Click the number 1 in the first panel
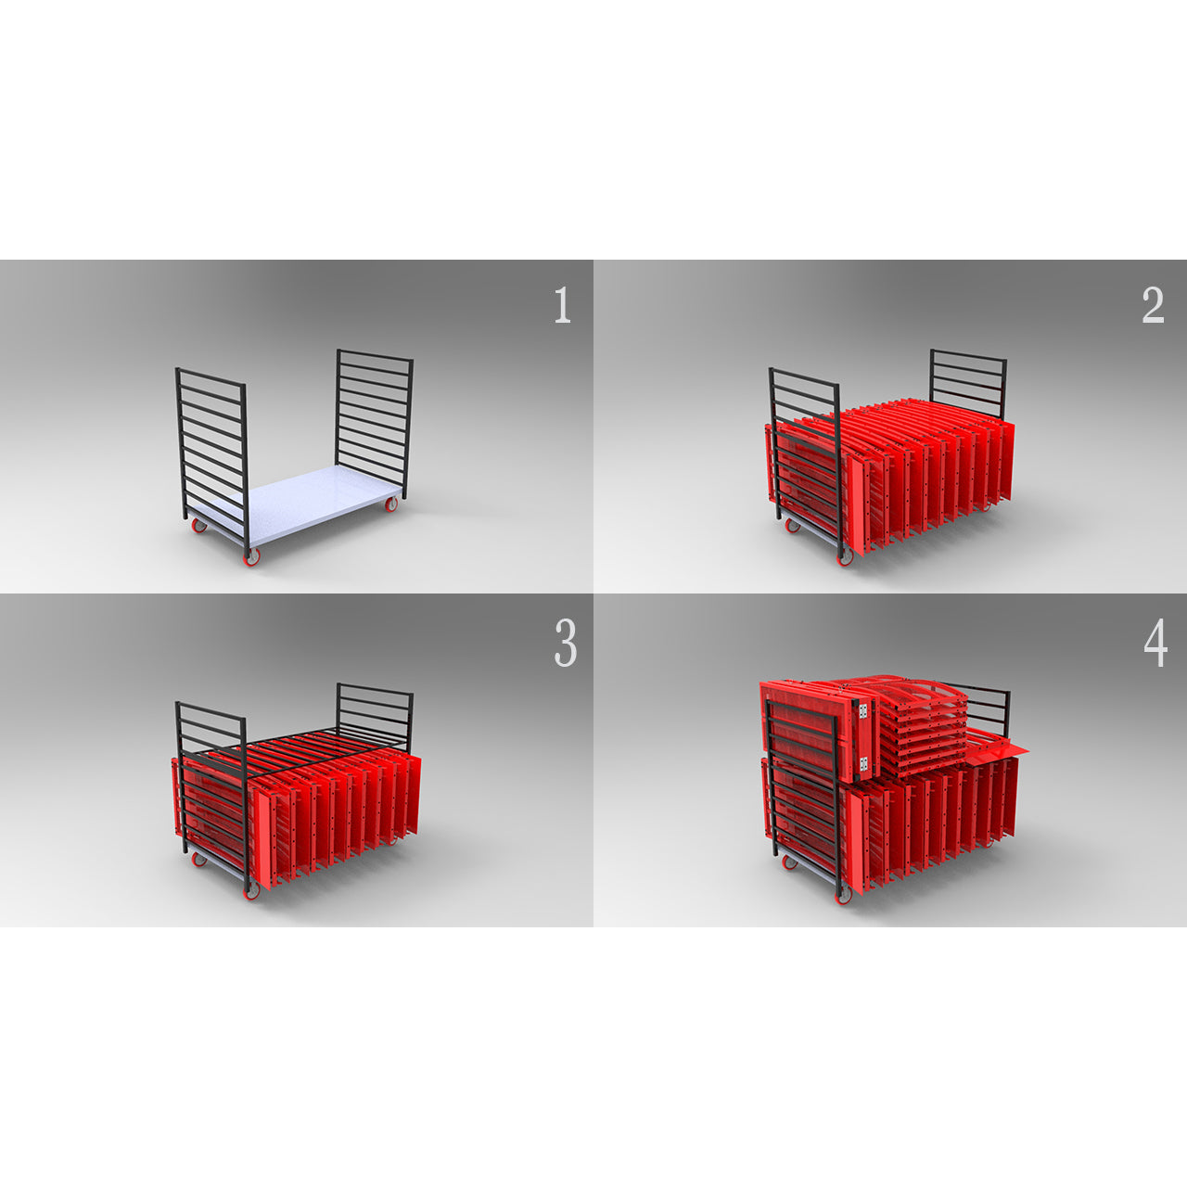(562, 305)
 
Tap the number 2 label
(1153, 305)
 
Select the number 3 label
(566, 644)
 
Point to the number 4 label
(1155, 644)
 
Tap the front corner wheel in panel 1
(250, 557)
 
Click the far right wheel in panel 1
(391, 504)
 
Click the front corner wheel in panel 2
(844, 557)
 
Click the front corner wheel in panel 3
(250, 891)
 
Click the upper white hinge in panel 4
(864, 711)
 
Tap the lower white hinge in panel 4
(864, 764)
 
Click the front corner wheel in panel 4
(844, 893)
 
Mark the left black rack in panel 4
(805, 795)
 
